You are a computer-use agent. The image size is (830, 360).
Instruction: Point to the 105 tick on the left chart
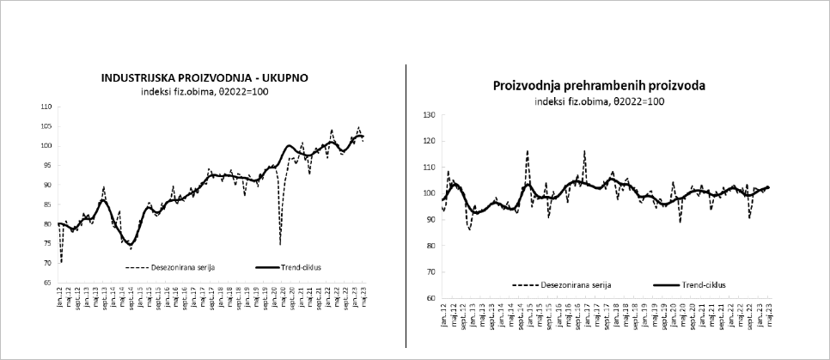46,126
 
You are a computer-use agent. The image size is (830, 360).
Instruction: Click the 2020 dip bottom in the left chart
280,246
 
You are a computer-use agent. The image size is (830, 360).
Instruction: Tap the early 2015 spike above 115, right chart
527,151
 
